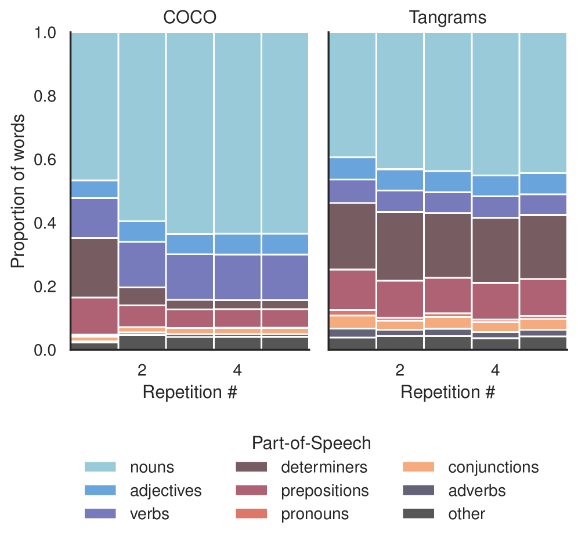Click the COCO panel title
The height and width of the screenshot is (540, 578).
coord(190,17)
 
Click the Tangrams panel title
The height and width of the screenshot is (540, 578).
coord(447,17)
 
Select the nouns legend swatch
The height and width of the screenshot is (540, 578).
coord(101,467)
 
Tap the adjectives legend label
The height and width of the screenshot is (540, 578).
coord(166,491)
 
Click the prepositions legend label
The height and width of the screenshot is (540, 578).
coord(324,491)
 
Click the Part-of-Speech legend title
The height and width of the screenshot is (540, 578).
coord(311,444)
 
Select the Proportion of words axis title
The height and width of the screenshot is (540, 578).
coord(19,191)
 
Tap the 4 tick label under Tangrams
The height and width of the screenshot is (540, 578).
coord(495,369)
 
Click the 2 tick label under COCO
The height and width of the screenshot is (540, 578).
coord(142,369)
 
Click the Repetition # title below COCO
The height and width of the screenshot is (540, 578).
coord(190,392)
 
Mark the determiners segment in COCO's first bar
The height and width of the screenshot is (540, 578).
coord(95,267)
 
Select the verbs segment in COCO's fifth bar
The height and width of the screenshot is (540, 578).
coord(284,277)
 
